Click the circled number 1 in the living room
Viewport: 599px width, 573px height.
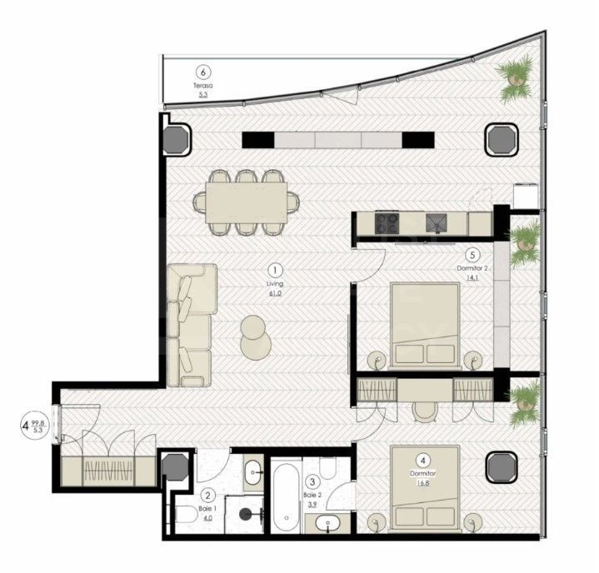click(277, 270)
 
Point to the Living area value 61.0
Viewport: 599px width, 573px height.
click(277, 293)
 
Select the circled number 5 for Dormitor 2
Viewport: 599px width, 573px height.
click(472, 256)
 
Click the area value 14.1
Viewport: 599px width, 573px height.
click(472, 279)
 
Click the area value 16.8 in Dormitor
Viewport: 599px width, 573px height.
click(424, 481)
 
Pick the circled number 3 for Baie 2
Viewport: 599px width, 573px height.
click(312, 481)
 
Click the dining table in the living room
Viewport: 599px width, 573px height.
click(247, 201)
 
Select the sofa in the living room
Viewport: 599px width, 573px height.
click(190, 325)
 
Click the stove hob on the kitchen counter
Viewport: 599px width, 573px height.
click(387, 222)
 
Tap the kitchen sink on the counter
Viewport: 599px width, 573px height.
click(437, 222)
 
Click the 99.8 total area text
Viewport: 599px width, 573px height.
click(37, 423)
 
